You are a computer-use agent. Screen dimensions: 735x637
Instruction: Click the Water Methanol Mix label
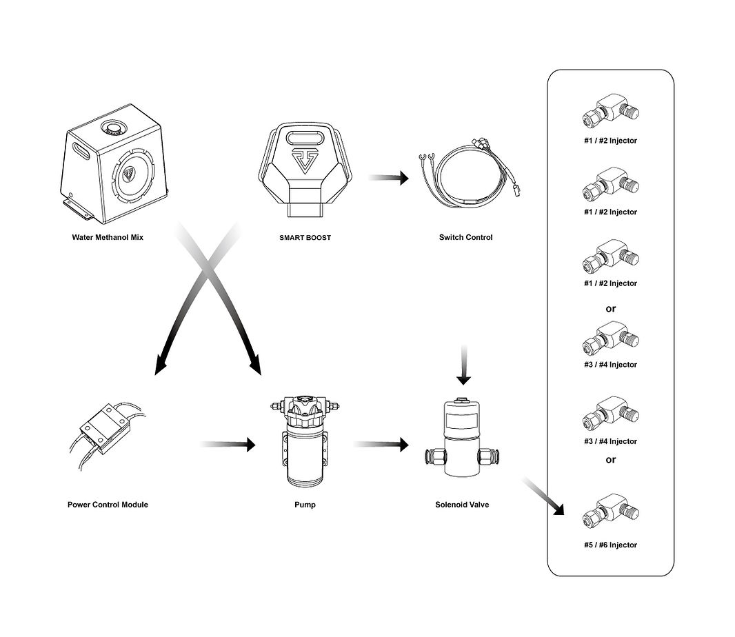(108, 237)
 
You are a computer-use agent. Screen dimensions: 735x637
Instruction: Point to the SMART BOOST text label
(305, 238)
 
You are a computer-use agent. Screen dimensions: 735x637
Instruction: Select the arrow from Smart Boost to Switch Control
(389, 178)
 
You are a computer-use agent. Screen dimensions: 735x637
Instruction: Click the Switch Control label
(465, 237)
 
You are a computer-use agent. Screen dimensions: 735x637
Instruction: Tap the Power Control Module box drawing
(105, 428)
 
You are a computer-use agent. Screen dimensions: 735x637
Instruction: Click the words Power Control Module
(108, 505)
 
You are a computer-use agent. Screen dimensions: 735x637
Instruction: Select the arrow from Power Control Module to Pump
(228, 444)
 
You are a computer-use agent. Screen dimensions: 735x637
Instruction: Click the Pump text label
(305, 505)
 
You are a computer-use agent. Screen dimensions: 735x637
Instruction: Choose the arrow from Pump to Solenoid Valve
(381, 444)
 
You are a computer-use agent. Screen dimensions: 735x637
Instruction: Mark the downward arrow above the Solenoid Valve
(463, 365)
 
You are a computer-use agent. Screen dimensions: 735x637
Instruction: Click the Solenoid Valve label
(462, 505)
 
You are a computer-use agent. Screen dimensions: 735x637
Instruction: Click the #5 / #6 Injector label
(610, 545)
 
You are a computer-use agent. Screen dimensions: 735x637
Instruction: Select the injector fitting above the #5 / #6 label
(611, 511)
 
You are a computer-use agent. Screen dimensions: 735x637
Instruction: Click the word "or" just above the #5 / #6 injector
(610, 460)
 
